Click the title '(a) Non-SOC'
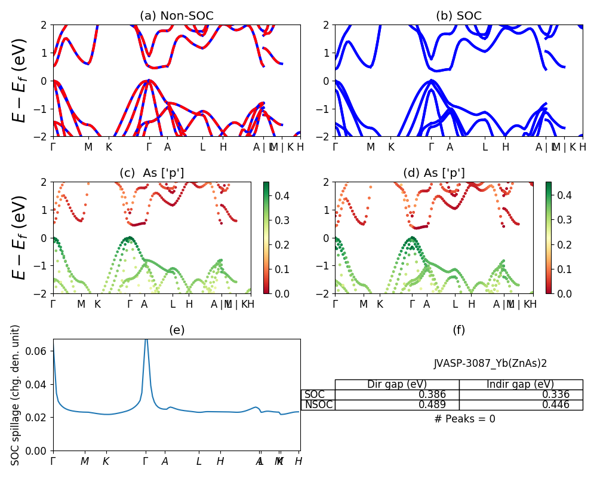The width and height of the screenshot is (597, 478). tap(176, 16)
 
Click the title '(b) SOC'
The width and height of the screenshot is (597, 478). tap(458, 16)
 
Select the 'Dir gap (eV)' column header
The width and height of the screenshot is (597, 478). tap(397, 384)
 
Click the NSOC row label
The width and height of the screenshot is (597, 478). tap(318, 405)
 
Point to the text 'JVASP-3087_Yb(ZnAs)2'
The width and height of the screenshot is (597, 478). tap(490, 363)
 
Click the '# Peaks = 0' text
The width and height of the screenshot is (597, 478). tap(464, 419)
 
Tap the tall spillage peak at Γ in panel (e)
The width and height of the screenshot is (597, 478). tap(146, 342)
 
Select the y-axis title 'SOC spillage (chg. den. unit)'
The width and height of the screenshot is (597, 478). tap(16, 395)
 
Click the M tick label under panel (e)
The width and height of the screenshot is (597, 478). tap(85, 461)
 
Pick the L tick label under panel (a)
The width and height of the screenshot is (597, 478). tap(203, 147)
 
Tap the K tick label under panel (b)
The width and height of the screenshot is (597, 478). tap(391, 147)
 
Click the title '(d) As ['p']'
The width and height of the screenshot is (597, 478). tap(434, 173)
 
